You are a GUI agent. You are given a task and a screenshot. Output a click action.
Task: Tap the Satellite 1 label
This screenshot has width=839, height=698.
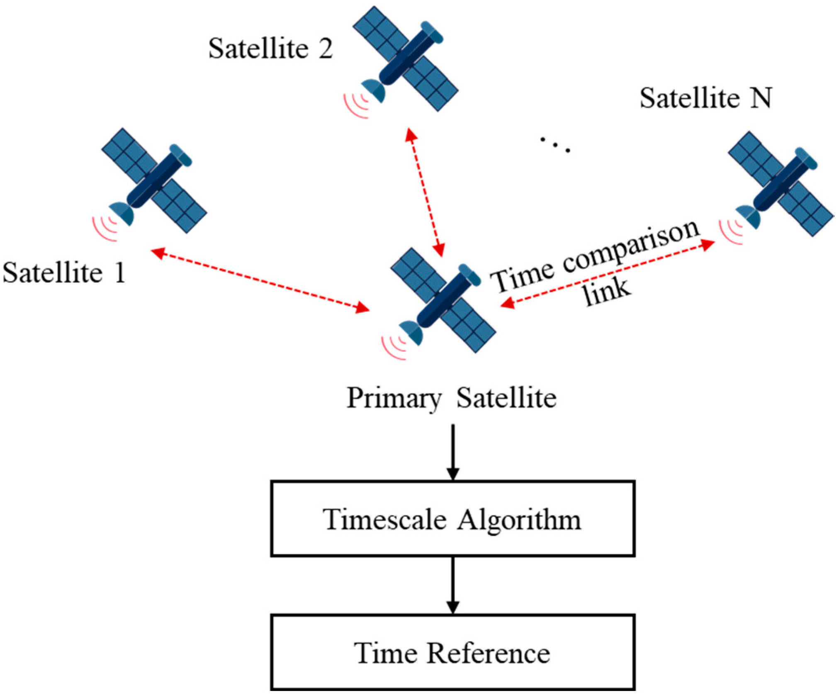pyautogui.click(x=64, y=273)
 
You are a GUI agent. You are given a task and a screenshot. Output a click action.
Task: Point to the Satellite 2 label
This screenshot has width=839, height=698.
pyautogui.click(x=270, y=49)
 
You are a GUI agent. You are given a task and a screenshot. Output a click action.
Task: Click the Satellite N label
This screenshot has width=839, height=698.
pyautogui.click(x=705, y=98)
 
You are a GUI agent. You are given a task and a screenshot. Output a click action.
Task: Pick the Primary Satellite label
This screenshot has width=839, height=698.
pyautogui.click(x=451, y=398)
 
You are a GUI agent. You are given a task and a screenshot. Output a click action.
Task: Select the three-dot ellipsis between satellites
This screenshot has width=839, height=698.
pyautogui.click(x=555, y=145)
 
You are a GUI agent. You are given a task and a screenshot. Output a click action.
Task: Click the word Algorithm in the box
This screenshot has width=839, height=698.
pyautogui.click(x=518, y=519)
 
